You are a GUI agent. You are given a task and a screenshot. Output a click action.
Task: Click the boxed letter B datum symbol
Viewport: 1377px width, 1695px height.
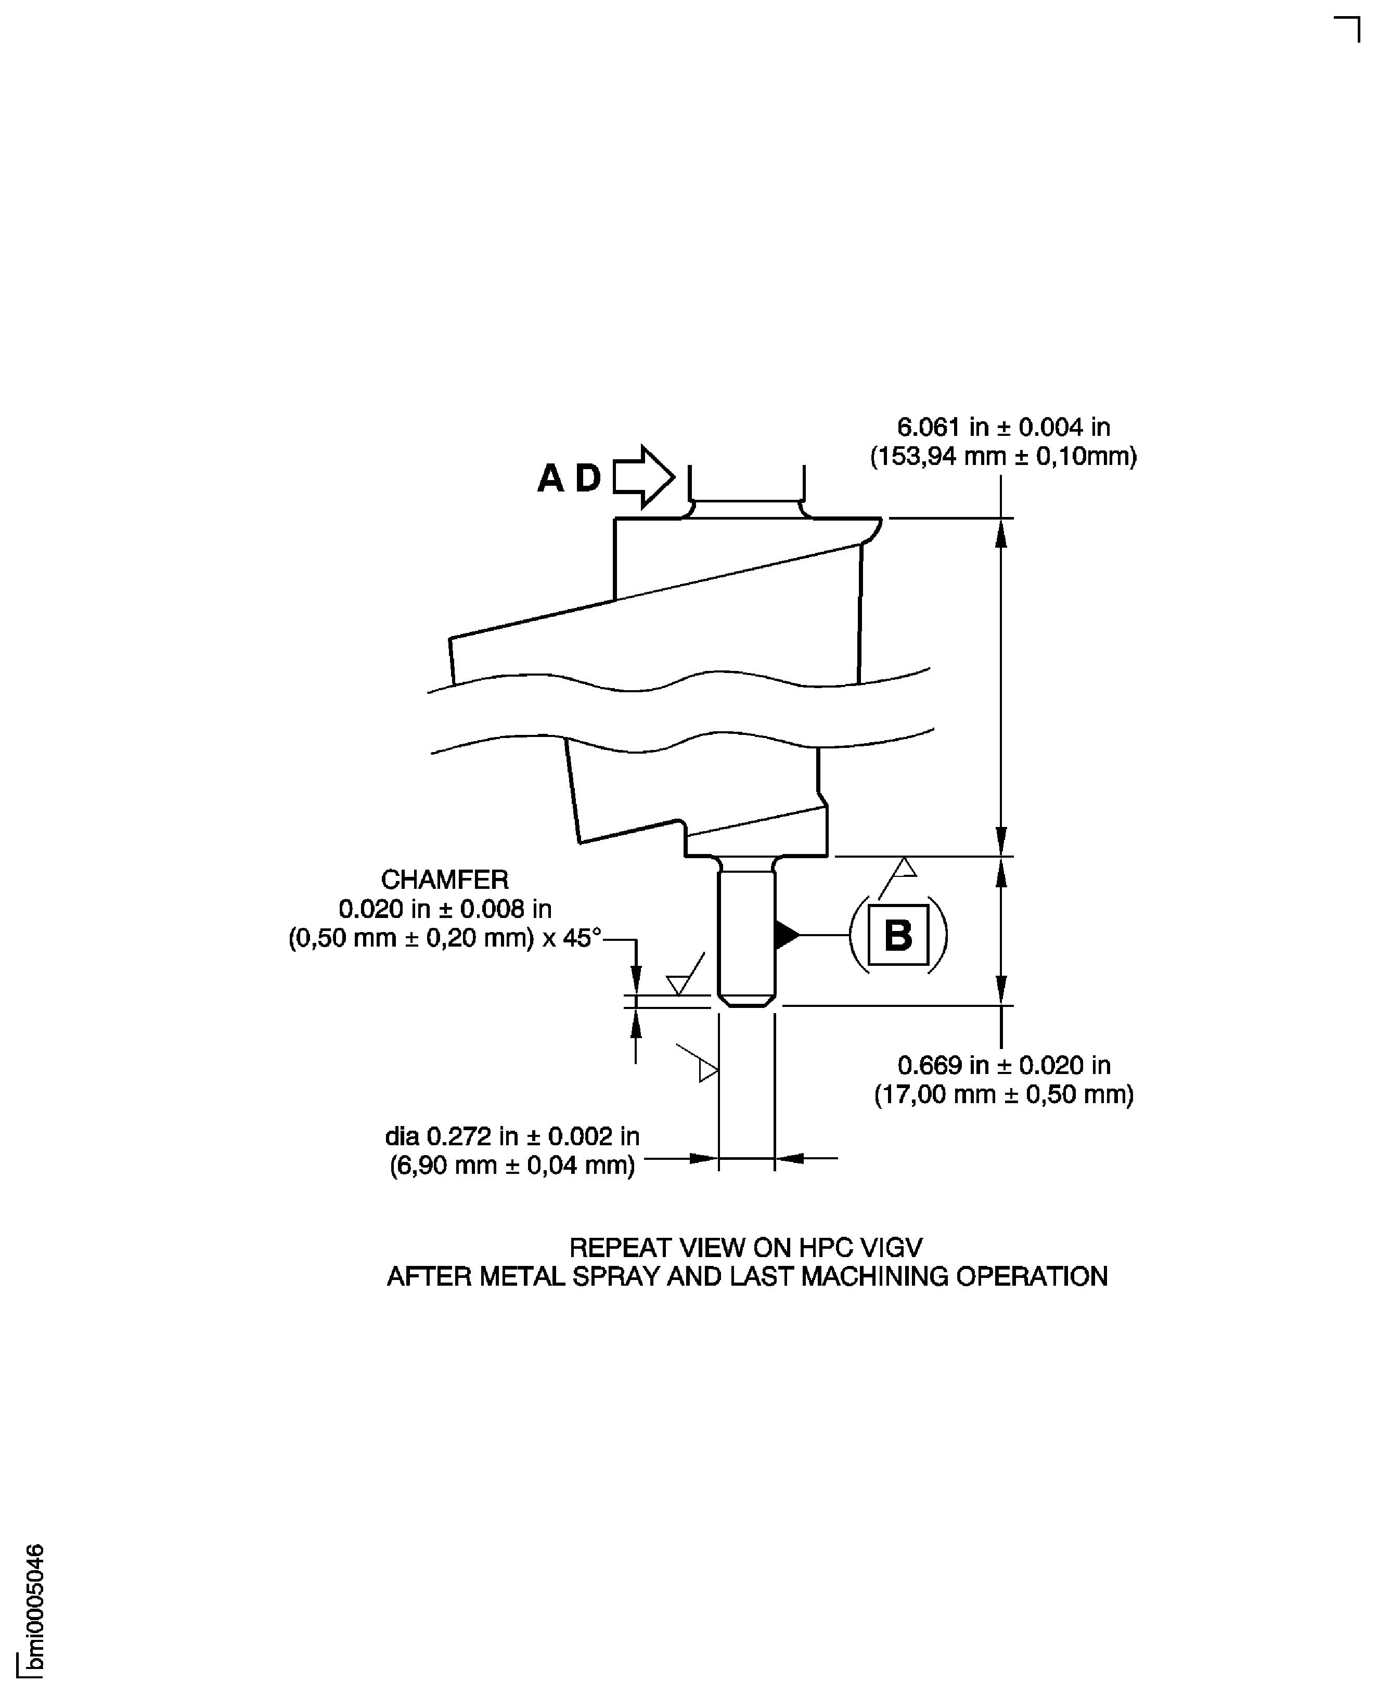898,934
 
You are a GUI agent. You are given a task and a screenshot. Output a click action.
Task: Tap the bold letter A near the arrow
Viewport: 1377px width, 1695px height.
550,478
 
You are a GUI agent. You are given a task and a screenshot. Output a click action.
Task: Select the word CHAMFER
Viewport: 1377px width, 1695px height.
444,879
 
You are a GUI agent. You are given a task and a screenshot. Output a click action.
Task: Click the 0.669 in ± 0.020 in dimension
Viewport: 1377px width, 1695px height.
1003,1065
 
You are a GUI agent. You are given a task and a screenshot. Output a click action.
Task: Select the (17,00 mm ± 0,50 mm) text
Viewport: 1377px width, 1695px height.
1003,1095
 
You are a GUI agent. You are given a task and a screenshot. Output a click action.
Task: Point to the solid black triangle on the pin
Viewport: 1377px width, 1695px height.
786,934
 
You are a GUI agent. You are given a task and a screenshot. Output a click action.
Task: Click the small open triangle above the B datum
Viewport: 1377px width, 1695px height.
904,868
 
